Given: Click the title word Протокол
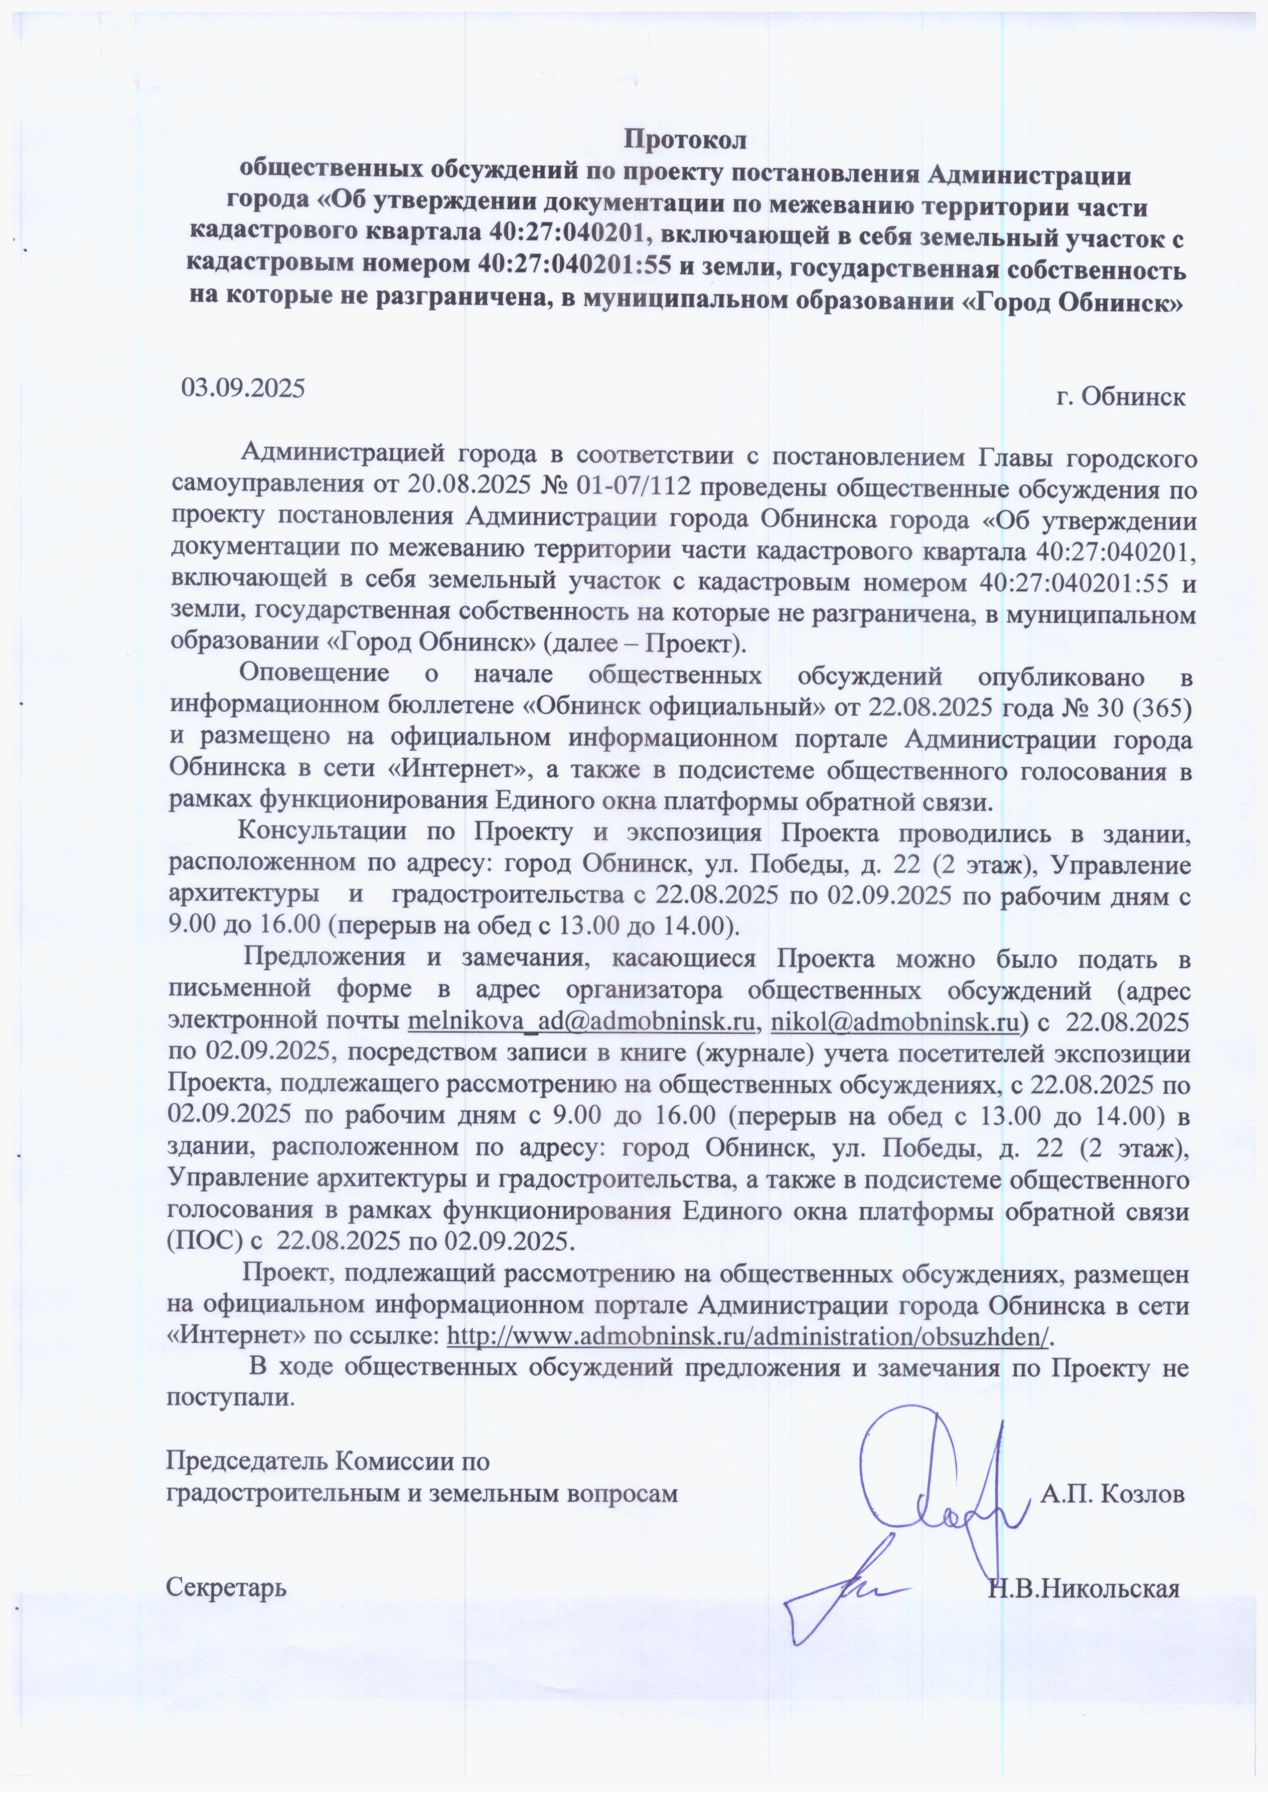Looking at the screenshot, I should point(686,141).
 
